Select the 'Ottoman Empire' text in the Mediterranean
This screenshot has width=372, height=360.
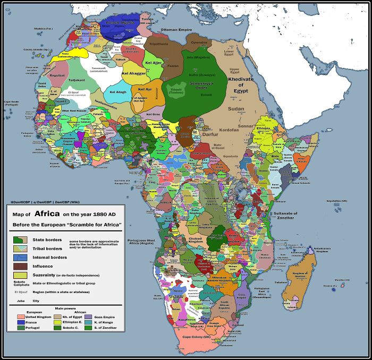(x=176, y=30)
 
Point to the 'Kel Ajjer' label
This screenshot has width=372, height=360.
(x=153, y=63)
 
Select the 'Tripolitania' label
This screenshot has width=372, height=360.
(x=159, y=44)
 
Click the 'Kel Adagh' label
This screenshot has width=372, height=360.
(x=119, y=92)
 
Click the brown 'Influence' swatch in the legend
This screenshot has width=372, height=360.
(x=20, y=265)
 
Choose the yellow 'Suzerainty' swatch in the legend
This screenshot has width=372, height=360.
(x=20, y=275)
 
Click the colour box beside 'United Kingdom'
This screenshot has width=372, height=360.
(x=21, y=316)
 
